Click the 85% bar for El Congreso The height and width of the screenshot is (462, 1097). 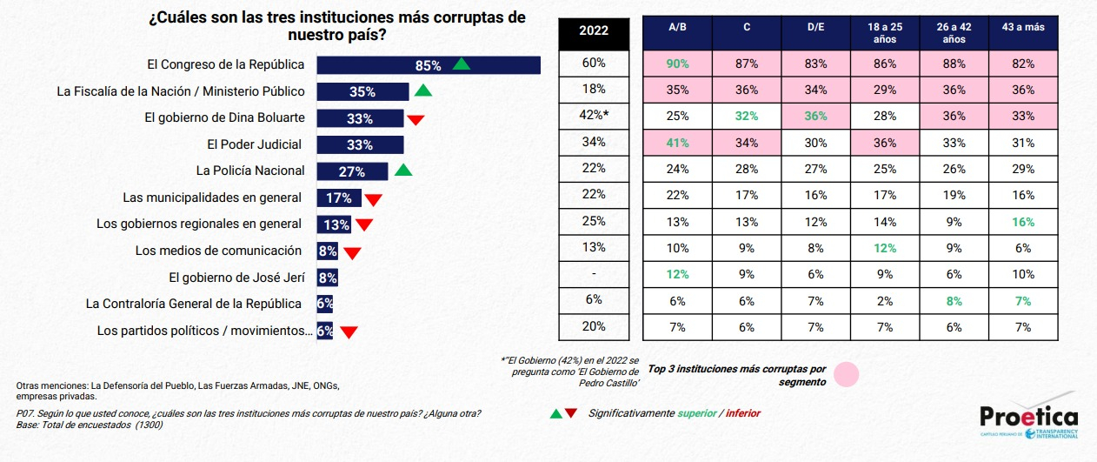coord(429,65)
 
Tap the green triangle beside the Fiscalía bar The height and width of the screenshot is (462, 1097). coord(422,90)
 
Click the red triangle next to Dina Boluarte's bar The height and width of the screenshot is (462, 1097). coord(416,119)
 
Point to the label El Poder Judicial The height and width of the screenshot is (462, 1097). coord(254,144)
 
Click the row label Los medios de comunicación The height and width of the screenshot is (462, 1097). coord(218,251)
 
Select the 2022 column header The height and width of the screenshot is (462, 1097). coord(594,30)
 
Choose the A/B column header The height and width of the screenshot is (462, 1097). coord(677,28)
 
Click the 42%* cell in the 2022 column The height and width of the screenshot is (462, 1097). coord(594,116)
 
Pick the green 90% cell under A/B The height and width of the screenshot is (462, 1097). coord(677,64)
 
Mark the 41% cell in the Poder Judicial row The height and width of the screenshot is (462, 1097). coord(677,143)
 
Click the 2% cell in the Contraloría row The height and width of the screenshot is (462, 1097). coord(884,301)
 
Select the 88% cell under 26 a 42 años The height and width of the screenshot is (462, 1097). coord(953,64)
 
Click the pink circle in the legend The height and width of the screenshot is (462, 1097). coord(846,375)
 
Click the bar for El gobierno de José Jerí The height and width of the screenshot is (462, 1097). coord(327,278)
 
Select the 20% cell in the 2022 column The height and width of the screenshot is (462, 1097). coord(594,327)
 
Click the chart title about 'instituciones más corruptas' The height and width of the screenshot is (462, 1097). coord(337,26)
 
